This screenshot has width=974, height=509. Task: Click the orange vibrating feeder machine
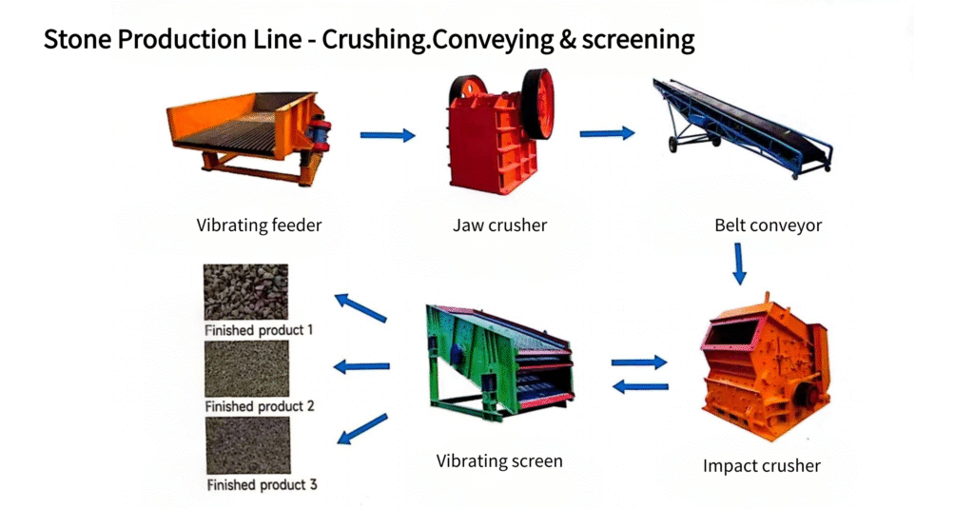pyautogui.click(x=248, y=137)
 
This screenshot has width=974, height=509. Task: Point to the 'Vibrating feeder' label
pyautogui.click(x=259, y=225)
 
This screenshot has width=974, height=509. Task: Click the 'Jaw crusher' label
pyautogui.click(x=500, y=225)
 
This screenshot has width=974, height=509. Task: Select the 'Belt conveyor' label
pyautogui.click(x=768, y=225)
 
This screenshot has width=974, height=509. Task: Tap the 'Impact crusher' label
pyautogui.click(x=762, y=466)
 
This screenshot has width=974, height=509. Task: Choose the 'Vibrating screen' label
pyautogui.click(x=499, y=461)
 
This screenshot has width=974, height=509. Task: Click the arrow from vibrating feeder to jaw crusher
pyautogui.click(x=388, y=135)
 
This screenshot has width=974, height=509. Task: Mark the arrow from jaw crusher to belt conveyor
pyautogui.click(x=607, y=132)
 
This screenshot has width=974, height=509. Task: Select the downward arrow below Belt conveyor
pyautogui.click(x=738, y=264)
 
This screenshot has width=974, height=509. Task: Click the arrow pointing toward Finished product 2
pyautogui.click(x=361, y=366)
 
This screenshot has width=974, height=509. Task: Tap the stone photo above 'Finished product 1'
pyautogui.click(x=246, y=292)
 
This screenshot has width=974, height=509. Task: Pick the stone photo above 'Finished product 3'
pyautogui.click(x=248, y=445)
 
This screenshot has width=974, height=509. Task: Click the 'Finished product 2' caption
pyautogui.click(x=260, y=406)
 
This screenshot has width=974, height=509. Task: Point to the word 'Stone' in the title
pyautogui.click(x=77, y=39)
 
